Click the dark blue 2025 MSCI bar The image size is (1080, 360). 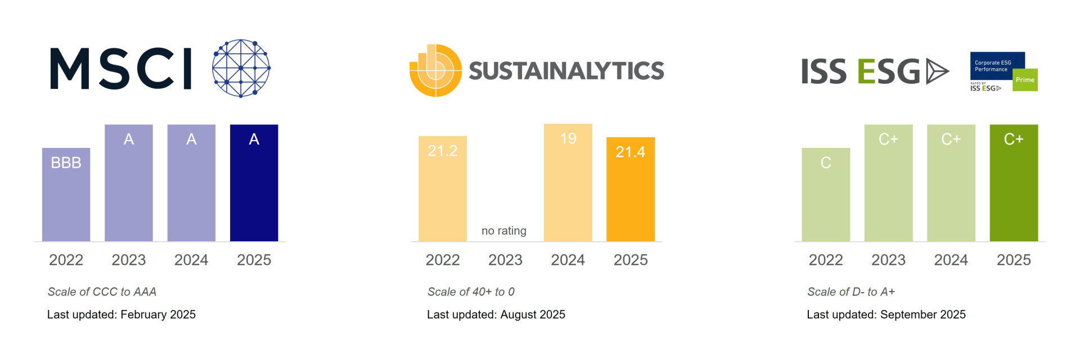coord(254,186)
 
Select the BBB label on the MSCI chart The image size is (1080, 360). coord(66,163)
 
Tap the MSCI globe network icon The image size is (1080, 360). coord(241,68)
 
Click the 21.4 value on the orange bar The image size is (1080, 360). coord(630,152)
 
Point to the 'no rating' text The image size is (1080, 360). coord(504,231)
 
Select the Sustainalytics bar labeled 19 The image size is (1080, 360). coord(568,186)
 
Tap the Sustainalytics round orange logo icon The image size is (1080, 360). coord(435,70)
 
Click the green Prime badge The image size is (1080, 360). coord(1025,80)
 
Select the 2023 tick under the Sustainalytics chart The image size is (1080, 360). coord(505,260)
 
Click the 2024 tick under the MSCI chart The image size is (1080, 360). coord(191,260)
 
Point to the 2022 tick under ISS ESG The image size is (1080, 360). coord(825,260)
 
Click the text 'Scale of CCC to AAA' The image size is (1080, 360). coord(102,292)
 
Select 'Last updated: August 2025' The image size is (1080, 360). coord(496,314)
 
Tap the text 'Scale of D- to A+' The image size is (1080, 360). coord(850,292)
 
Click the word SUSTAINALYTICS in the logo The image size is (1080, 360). coord(566,71)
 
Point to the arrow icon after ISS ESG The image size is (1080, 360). coord(937,71)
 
